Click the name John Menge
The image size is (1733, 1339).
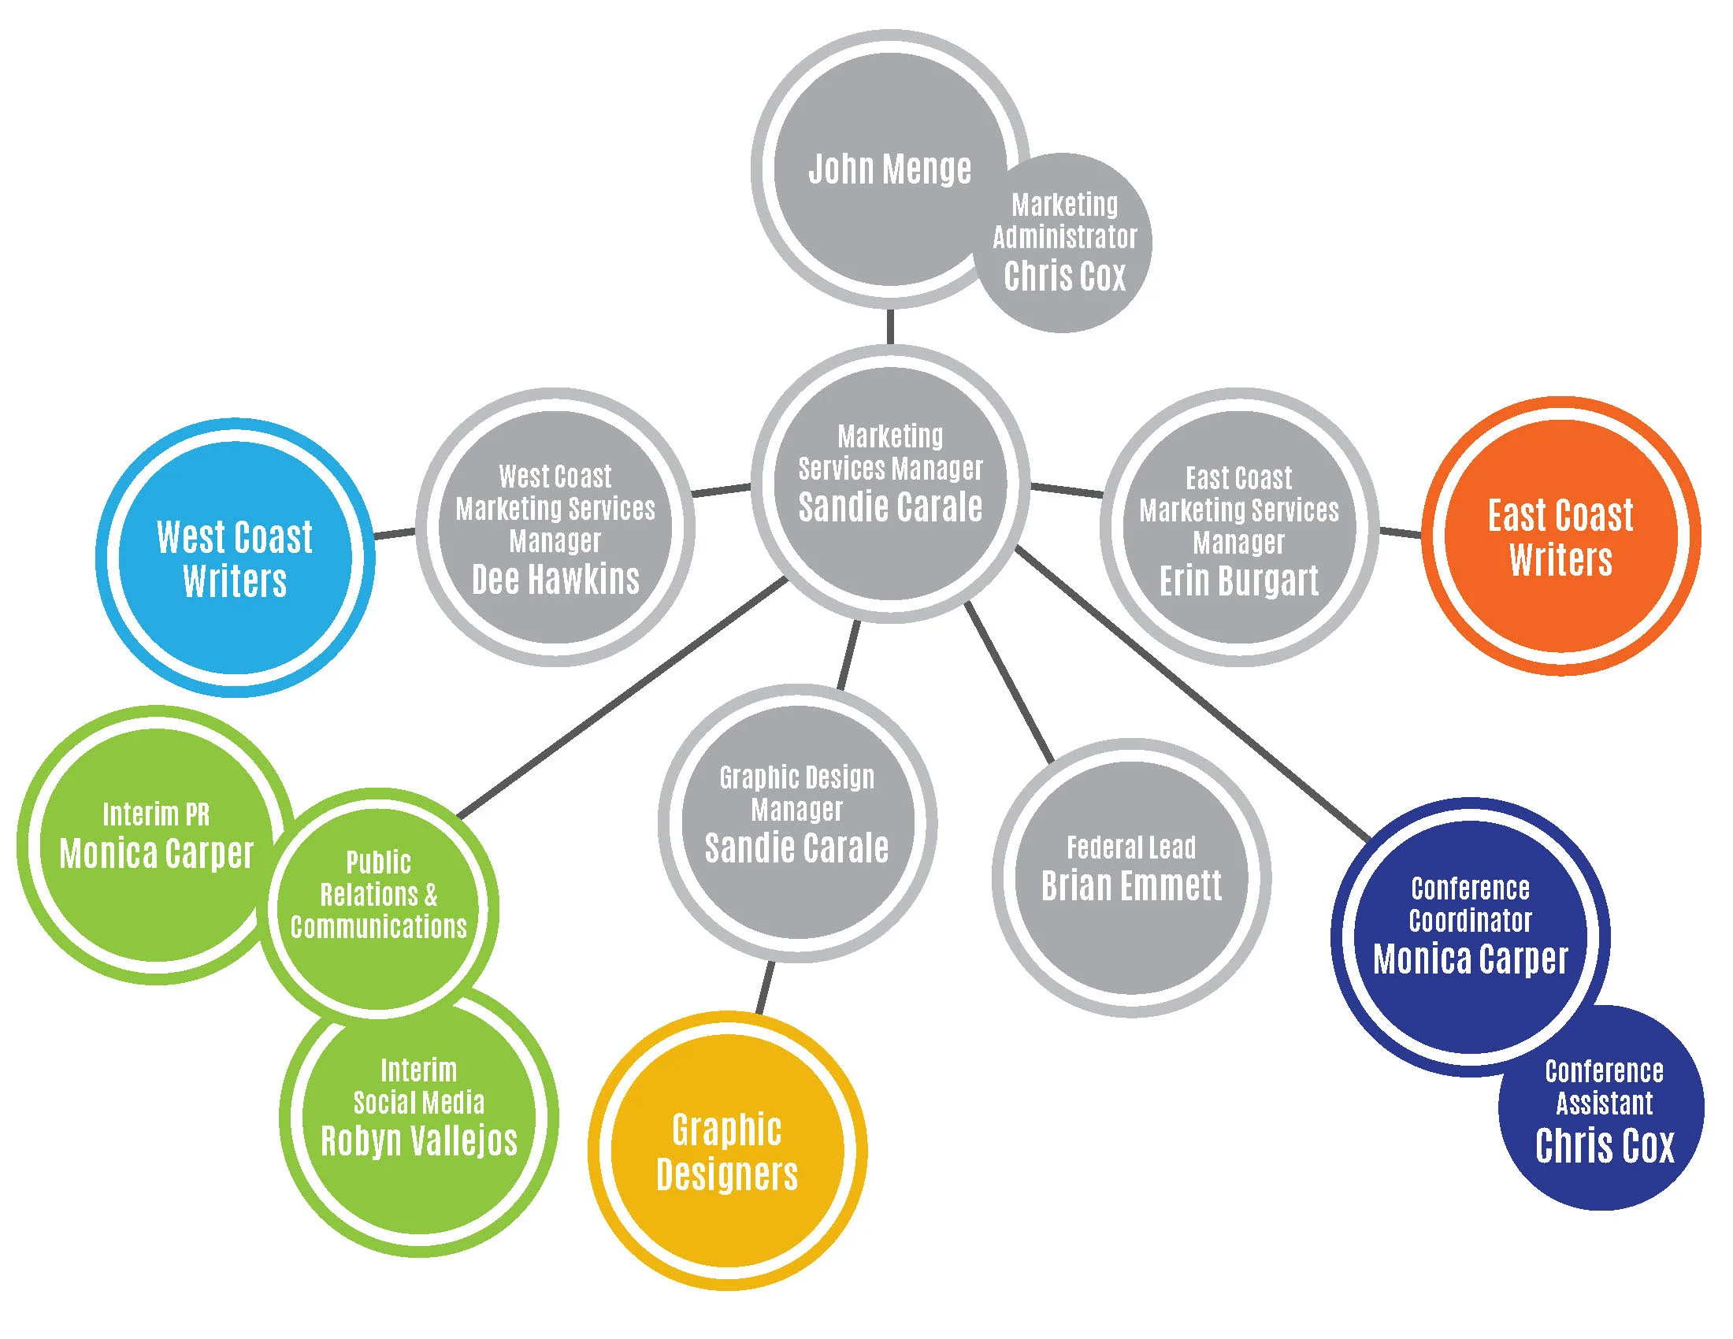pos(889,169)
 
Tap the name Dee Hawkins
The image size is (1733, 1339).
pos(555,580)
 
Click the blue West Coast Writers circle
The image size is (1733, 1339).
pos(235,558)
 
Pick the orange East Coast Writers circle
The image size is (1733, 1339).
pos(1560,537)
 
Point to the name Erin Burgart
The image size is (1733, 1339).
pos(1238,581)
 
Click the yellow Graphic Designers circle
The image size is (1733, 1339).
pos(727,1152)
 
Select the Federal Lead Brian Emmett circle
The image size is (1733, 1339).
pos(1131,877)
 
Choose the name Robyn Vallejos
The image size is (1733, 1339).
pos(419,1141)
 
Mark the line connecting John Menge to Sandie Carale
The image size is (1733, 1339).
pos(890,326)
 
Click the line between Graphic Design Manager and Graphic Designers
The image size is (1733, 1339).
pos(764,988)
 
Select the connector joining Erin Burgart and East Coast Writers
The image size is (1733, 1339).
pos(1401,532)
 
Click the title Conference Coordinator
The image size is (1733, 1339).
pos(1471,904)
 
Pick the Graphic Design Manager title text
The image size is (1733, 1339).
pos(796,793)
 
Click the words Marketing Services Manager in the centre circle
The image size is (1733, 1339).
pos(890,452)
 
